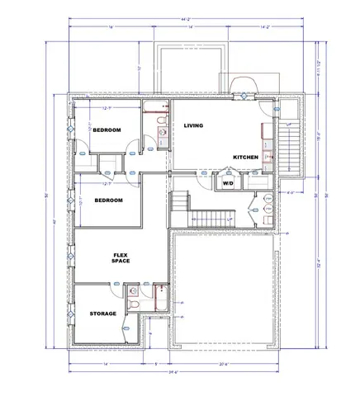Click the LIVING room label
[193, 125]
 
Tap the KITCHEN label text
[245, 157]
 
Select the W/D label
[228, 183]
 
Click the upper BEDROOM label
[107, 130]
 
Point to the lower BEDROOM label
[108, 200]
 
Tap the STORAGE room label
[103, 314]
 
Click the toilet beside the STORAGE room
[133, 304]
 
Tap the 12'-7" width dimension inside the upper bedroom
[107, 107]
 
